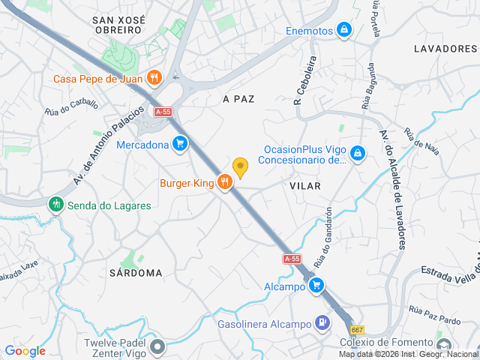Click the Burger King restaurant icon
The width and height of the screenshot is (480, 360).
[x=224, y=182]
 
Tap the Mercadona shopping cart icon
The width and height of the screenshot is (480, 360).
[x=179, y=143]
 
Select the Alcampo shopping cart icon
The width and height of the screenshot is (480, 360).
[x=316, y=286]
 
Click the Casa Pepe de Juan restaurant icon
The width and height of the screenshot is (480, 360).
[x=154, y=77]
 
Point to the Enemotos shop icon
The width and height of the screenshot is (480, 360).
[x=343, y=30]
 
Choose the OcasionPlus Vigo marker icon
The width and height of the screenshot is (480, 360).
[x=358, y=153]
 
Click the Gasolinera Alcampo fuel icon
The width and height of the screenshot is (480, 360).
[x=322, y=323]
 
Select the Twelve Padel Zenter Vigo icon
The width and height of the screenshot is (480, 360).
[x=157, y=346]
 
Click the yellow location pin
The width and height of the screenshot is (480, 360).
[x=240, y=167]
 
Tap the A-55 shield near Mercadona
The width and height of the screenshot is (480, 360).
[x=163, y=112]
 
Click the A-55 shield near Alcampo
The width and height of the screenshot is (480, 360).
[x=292, y=259]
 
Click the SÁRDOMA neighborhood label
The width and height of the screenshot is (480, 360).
[x=135, y=273]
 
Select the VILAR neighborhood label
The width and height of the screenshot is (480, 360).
[x=305, y=185]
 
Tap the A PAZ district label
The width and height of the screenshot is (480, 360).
[x=239, y=98]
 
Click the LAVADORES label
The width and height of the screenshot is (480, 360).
[x=445, y=48]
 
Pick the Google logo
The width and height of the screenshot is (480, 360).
[x=25, y=350]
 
